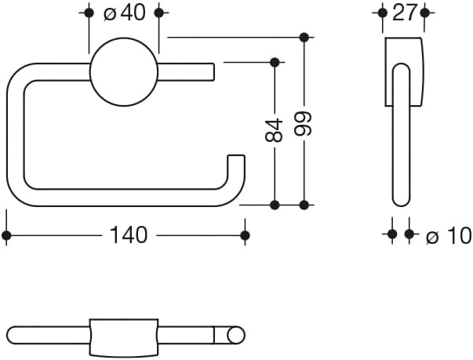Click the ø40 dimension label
coord(124,13)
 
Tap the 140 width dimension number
coord(129,235)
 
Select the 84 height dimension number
coord(274,130)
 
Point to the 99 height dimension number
coord(303,124)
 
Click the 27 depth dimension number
coord(405,13)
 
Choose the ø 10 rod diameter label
coord(449,235)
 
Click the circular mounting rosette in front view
coord(124,71)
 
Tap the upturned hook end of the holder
coord(236,169)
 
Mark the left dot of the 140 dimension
coord(6,235)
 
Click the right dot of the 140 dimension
coord(245,235)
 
